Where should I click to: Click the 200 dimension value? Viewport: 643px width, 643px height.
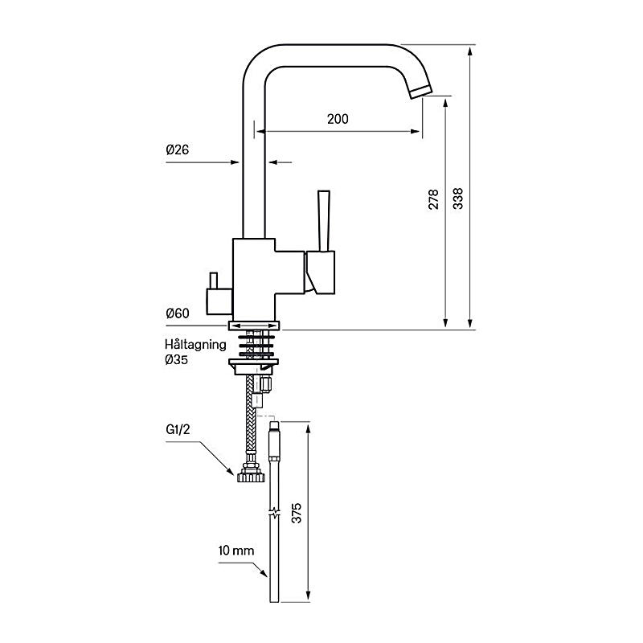(338, 119)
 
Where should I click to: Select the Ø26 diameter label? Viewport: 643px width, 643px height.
(178, 149)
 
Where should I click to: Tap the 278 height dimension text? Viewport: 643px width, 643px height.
(433, 199)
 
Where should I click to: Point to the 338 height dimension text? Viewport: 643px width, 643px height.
(457, 199)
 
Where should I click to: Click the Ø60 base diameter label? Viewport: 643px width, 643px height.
(178, 313)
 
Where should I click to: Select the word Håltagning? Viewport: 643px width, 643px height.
(195, 345)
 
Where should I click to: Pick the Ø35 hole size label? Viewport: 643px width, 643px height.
(176, 359)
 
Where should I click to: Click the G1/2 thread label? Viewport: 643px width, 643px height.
(178, 430)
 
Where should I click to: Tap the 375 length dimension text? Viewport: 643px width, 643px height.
(296, 513)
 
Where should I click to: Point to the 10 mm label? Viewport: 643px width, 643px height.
(236, 551)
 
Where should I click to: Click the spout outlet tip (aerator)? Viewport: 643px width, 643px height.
(421, 92)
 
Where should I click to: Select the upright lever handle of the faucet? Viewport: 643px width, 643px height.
(324, 220)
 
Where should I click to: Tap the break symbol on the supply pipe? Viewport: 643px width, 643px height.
(273, 512)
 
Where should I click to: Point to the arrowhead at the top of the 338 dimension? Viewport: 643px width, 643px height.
(470, 51)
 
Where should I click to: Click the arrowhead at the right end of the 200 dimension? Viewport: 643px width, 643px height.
(416, 132)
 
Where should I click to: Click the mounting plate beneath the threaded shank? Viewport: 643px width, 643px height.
(255, 367)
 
